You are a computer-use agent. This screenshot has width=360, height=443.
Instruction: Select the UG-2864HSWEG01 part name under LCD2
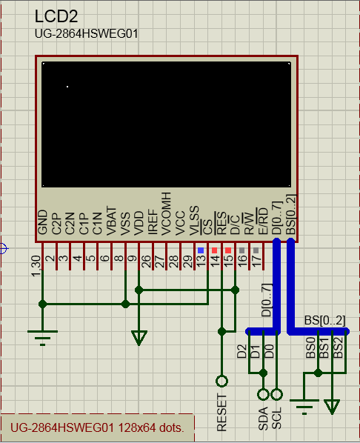pos(86,34)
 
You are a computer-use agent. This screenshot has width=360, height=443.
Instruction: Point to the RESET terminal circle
pos(221,382)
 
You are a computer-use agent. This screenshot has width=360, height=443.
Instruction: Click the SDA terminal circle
pos(262,394)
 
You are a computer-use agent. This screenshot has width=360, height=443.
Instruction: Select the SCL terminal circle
pos(276,394)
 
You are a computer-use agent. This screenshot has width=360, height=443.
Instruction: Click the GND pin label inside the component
pos(42,224)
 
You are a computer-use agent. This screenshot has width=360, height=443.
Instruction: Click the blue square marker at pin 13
pos(201,250)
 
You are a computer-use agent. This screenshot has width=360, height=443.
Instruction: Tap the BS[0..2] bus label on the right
pos(324,320)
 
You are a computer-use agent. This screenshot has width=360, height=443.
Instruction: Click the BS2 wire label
pos(338,347)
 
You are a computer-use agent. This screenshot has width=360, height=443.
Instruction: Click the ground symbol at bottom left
pos(43,336)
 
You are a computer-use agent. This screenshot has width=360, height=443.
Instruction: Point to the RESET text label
pos(221,413)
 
